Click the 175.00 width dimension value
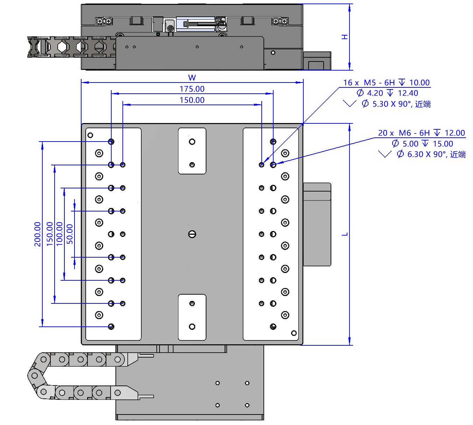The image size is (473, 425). (192, 89)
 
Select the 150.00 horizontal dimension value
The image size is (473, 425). (192, 100)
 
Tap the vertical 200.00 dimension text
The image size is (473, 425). (37, 234)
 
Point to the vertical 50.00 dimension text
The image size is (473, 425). (70, 234)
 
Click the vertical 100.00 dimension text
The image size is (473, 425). (59, 234)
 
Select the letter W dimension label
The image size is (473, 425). (192, 78)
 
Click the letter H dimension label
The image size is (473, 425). (345, 37)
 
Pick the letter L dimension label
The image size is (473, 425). (345, 234)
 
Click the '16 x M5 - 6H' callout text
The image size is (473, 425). (369, 83)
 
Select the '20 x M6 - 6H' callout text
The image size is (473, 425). (404, 133)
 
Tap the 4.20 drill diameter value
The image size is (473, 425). (375, 93)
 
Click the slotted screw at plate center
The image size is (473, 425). (192, 234)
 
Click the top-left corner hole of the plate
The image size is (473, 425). (90, 135)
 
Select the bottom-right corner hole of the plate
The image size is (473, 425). (294, 333)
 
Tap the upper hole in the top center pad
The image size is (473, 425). (192, 142)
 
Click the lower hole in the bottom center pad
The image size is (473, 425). (192, 327)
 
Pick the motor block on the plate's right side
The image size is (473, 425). (317, 224)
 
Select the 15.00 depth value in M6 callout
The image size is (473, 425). (443, 144)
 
